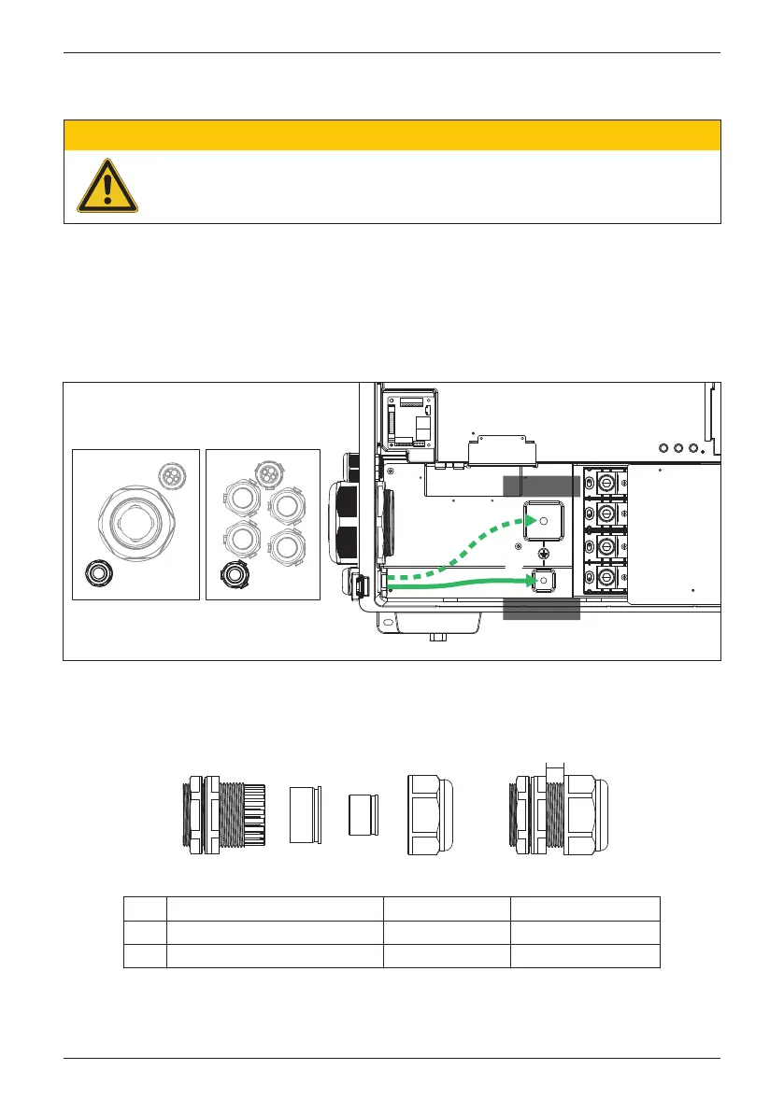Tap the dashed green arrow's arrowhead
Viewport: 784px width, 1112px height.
pos(535,519)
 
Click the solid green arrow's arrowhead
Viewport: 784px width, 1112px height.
pos(535,581)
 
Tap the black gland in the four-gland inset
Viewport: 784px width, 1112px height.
pos(231,575)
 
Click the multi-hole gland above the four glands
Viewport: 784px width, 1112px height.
pos(269,472)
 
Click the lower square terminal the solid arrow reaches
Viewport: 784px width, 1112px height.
pos(542,581)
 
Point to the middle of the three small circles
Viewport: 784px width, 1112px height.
pos(677,447)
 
